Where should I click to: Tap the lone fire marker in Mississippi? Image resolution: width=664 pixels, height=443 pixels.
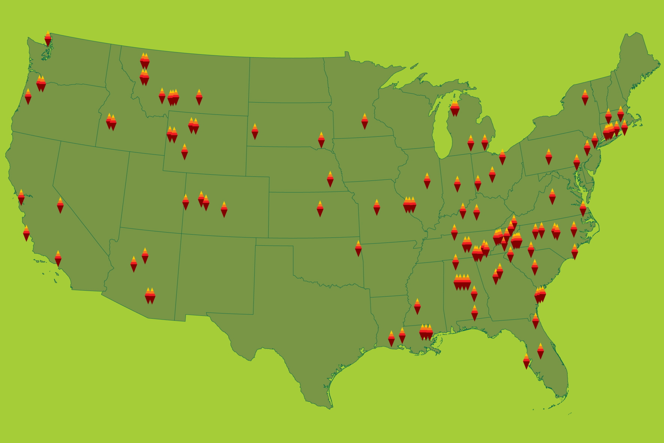click(x=417, y=307)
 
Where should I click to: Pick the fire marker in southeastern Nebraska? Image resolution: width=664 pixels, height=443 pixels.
click(x=330, y=180)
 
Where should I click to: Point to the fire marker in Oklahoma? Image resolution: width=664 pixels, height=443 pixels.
click(x=358, y=249)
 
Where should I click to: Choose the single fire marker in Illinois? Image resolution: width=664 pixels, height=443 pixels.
click(x=427, y=181)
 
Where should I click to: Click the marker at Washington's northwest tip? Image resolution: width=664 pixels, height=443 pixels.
click(x=48, y=39)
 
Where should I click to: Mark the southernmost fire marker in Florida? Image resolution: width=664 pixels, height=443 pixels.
click(x=526, y=362)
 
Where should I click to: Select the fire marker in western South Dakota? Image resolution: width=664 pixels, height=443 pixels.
click(x=255, y=132)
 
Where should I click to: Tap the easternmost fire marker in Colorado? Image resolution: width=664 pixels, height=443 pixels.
click(x=224, y=210)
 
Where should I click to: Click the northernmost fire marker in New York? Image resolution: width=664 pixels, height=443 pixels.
click(x=585, y=98)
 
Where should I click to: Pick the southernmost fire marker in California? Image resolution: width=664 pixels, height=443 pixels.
click(x=58, y=259)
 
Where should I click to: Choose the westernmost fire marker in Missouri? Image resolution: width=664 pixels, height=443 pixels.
click(x=377, y=207)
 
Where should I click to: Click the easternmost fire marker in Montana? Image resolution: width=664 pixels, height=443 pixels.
click(x=199, y=98)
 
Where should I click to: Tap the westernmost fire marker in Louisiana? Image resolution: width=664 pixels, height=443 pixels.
click(x=391, y=339)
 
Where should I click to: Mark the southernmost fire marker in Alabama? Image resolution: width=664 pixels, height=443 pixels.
click(x=475, y=313)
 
